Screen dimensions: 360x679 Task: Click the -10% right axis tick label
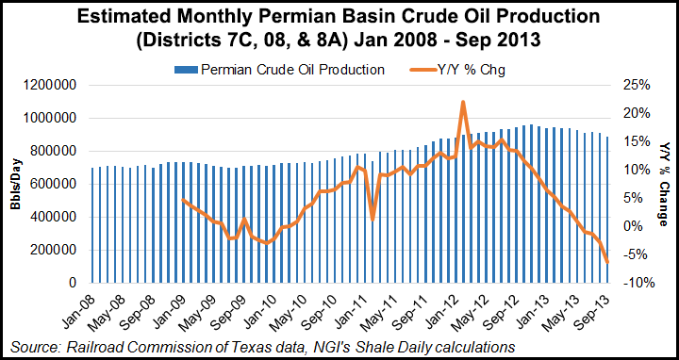(x=637, y=283)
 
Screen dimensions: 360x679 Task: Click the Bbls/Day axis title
(x=17, y=185)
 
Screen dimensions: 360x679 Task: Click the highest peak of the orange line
(x=463, y=102)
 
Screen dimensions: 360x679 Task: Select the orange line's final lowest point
(x=607, y=262)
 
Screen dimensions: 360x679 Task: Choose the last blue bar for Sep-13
(x=607, y=209)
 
